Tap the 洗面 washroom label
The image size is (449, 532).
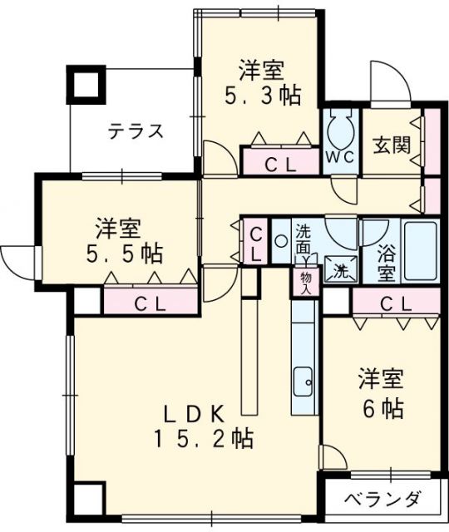pos(305,239)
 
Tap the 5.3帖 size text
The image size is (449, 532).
pos(262,94)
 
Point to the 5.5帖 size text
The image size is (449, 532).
pos(125,253)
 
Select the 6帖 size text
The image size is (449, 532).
pos(382,408)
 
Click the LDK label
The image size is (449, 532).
pos(194,411)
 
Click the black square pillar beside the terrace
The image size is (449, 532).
pos(85,84)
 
